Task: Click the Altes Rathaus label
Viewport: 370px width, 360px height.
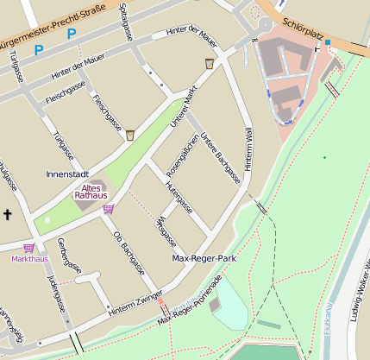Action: (x=91, y=192)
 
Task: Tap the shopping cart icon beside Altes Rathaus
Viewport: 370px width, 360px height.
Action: (x=108, y=208)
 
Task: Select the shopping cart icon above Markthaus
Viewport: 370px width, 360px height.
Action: (x=28, y=248)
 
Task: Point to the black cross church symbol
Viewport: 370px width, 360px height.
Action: (x=8, y=213)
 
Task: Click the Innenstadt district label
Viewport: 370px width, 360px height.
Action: (x=67, y=174)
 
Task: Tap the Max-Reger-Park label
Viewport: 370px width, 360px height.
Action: (x=204, y=258)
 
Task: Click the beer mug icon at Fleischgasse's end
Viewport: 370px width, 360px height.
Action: (x=130, y=135)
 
